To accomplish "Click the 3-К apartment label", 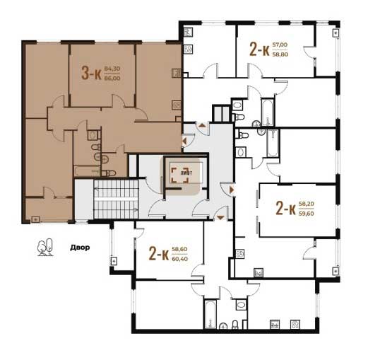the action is point(91,73).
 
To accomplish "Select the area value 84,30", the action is point(112,69).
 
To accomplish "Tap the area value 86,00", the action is point(112,79).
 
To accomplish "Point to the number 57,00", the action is point(280,45).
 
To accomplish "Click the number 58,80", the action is point(280,54).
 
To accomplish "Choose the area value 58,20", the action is point(307,204).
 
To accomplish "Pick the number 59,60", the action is point(307,214).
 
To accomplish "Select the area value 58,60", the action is point(179,249).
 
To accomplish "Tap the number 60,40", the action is point(180,259).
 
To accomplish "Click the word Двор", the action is point(80,248).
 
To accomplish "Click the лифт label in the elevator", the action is point(186,173).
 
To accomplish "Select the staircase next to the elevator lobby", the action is point(116,199).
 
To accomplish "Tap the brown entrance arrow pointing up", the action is point(202,125).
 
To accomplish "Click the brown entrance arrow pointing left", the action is point(184,141).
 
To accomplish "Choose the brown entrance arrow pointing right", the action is point(232,190).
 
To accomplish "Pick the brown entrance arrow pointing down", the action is point(220,218).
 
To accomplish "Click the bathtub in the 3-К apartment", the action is point(88,171).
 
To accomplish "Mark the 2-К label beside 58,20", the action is point(285,209).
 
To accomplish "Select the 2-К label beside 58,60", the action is point(159,254).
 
